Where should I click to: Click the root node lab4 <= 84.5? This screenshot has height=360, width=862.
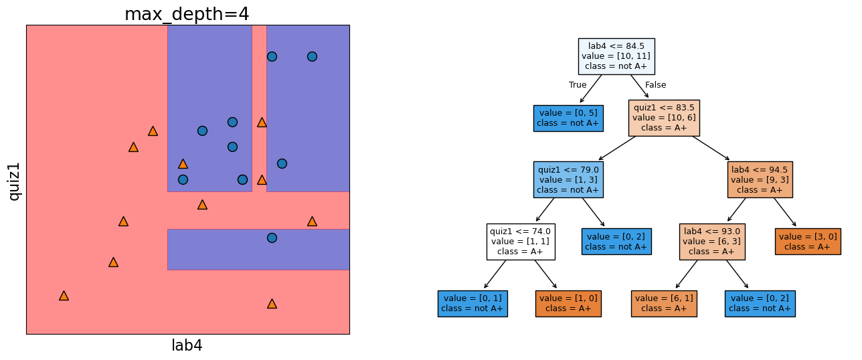pos(616,56)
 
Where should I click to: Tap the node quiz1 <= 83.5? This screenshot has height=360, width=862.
pos(663,118)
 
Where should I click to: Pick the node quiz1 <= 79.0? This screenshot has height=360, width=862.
pos(568,179)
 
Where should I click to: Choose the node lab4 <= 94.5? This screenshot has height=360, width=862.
pos(760,179)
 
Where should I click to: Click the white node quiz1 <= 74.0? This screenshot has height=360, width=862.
pos(520,242)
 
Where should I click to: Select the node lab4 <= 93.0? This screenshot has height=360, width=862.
pos(711,242)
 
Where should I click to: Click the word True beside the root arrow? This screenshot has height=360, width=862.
pos(578,85)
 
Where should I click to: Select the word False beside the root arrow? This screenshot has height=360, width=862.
pos(655,85)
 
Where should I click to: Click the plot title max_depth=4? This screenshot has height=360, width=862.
pos(187,14)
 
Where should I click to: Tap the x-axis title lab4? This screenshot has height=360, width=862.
pos(187,345)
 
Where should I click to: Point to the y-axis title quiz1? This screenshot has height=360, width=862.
pos(14,180)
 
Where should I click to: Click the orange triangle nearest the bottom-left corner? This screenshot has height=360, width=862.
pos(64,295)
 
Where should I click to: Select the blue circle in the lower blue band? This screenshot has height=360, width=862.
pos(272,238)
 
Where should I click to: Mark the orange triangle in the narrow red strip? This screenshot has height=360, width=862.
pos(262,122)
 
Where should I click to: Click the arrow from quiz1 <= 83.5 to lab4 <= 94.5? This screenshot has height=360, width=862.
pos(711,149)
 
